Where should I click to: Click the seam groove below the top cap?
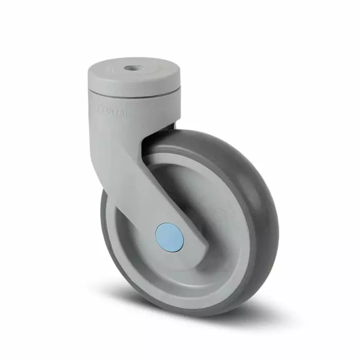134,94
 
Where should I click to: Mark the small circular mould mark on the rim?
220,214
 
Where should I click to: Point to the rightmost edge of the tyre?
277,221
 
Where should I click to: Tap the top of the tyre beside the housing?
206,135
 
